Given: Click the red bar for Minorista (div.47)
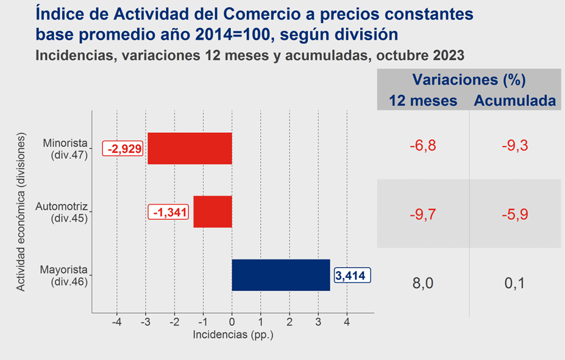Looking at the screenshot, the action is click(190, 148).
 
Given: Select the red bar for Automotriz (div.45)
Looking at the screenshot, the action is click(213, 212).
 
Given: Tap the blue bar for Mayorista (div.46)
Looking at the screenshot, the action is click(281, 275).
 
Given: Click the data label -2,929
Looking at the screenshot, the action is click(123, 148).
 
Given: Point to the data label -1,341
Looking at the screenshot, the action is click(168, 212).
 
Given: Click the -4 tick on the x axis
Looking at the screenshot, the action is click(117, 322).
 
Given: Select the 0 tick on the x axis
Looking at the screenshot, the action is click(232, 322).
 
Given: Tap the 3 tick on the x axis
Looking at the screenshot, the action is click(318, 322).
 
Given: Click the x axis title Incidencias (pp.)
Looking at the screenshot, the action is click(233, 335).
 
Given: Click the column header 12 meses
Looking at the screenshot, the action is click(423, 101).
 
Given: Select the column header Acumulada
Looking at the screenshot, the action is click(515, 101).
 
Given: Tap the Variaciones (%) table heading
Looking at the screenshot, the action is click(469, 80).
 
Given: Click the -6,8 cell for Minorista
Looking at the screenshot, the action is click(423, 146).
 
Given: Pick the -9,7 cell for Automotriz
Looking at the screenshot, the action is click(423, 214).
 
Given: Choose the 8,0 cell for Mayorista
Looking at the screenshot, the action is click(423, 283).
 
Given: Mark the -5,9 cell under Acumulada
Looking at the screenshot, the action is click(515, 214).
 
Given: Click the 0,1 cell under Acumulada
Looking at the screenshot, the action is click(515, 283).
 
